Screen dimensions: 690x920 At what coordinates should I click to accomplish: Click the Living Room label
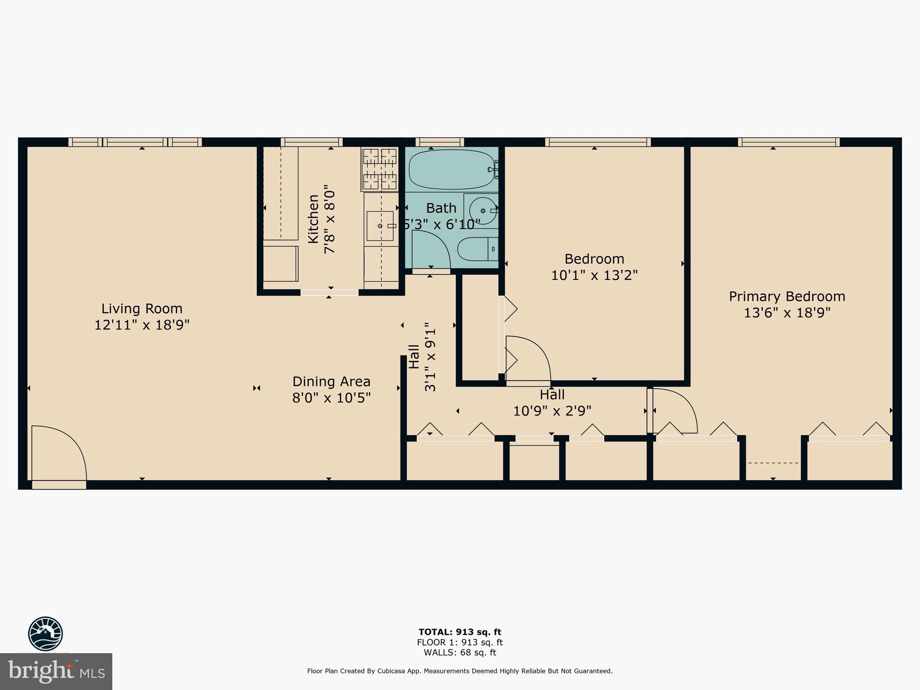[142, 309]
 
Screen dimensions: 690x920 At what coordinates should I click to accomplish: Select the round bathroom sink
[482, 210]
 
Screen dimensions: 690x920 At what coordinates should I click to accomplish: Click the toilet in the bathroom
[477, 249]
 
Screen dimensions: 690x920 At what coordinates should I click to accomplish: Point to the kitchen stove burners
[380, 169]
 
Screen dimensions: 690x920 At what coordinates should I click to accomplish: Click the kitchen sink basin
[380, 226]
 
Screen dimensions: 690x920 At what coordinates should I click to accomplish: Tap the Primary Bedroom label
[787, 296]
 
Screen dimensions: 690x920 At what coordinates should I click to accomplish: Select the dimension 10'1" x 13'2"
[594, 275]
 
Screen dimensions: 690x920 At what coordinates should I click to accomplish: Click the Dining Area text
[331, 381]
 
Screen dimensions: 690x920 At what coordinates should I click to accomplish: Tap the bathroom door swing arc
[431, 249]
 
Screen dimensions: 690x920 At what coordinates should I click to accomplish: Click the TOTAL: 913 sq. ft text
[460, 632]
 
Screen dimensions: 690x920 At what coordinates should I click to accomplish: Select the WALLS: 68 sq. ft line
[460, 653]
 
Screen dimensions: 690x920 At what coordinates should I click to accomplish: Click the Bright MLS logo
[56, 672]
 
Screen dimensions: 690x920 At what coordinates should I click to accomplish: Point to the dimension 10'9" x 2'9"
[552, 411]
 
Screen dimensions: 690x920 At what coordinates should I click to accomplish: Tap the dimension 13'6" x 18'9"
[787, 313]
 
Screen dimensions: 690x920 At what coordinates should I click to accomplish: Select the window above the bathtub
[439, 142]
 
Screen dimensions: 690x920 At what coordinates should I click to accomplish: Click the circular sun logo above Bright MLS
[45, 633]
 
